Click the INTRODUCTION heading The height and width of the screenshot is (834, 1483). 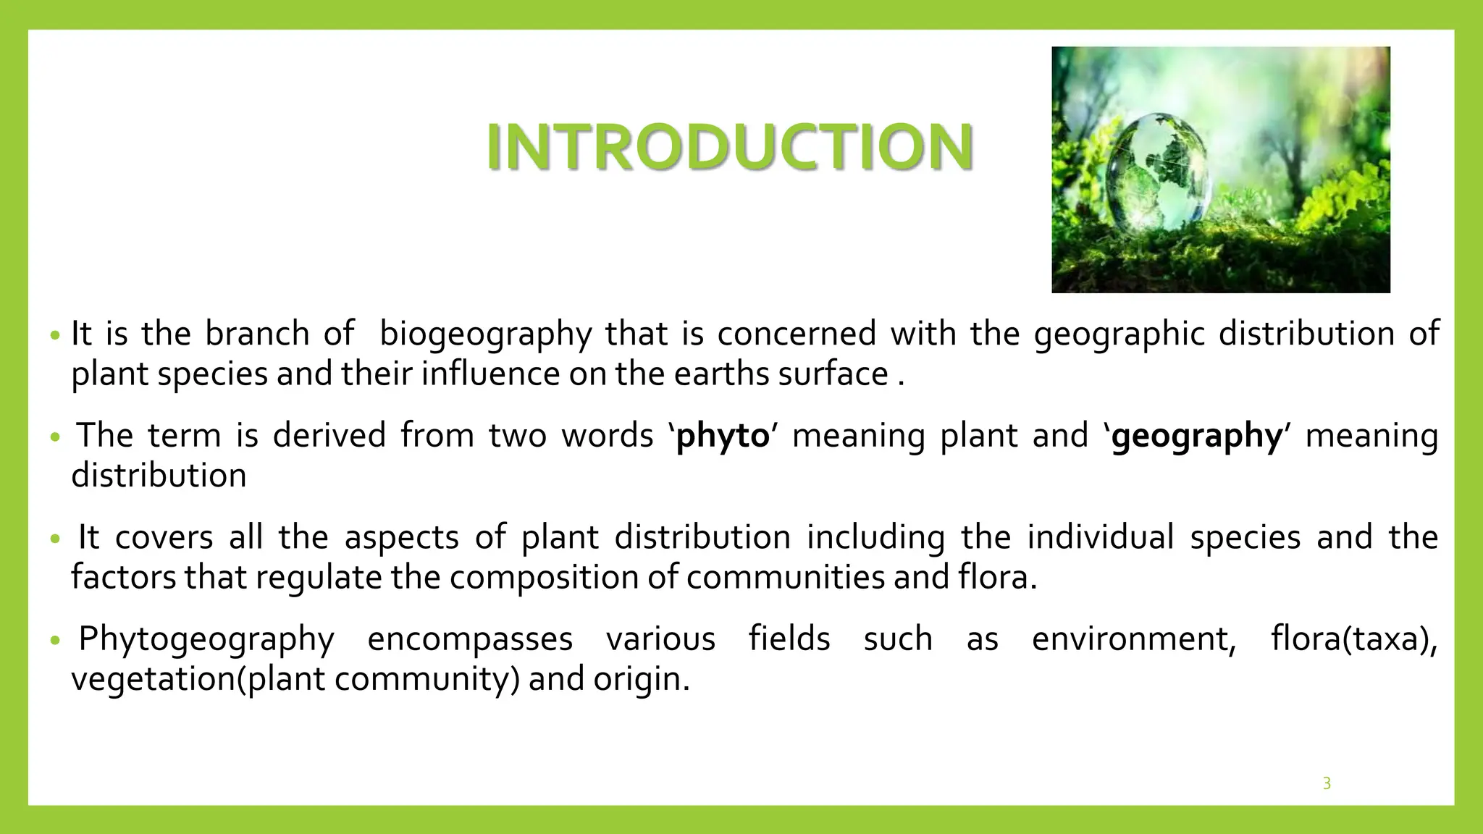click(730, 147)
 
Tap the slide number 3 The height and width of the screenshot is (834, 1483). click(1327, 783)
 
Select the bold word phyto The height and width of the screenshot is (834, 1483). click(722, 436)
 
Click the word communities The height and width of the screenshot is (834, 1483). click(785, 578)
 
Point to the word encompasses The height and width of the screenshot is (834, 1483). click(470, 639)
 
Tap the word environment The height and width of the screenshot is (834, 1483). click(1133, 639)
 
